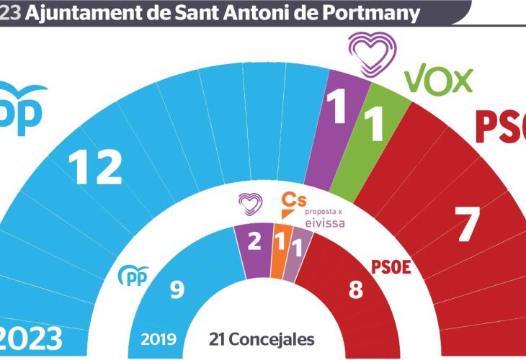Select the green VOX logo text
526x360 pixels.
point(438,80)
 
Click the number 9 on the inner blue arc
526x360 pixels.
point(176,289)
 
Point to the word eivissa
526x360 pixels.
point(324,222)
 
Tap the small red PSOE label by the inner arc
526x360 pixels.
point(391,268)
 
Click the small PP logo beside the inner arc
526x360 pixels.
point(133,275)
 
